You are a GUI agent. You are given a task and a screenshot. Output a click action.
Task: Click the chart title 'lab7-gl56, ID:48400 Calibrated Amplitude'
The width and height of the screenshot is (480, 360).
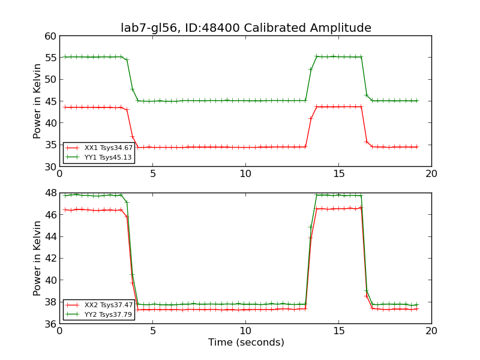[245, 28]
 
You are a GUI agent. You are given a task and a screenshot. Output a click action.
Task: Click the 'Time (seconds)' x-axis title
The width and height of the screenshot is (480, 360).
[246, 343]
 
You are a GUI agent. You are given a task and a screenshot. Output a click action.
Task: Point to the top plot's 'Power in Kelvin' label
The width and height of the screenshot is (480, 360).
[38, 101]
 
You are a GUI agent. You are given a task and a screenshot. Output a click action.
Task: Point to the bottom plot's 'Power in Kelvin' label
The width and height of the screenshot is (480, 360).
[38, 258]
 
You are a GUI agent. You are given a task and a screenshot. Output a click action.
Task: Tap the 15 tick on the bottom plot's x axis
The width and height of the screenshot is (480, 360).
[338, 331]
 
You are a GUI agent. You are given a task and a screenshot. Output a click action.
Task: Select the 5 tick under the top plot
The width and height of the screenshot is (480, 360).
[152, 174]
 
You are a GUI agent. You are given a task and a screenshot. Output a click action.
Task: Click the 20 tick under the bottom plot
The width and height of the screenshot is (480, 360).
[431, 331]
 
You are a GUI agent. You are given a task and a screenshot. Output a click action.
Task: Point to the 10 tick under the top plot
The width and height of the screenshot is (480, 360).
[245, 174]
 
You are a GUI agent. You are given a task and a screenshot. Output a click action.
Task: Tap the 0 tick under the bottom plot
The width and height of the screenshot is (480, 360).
[59, 331]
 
